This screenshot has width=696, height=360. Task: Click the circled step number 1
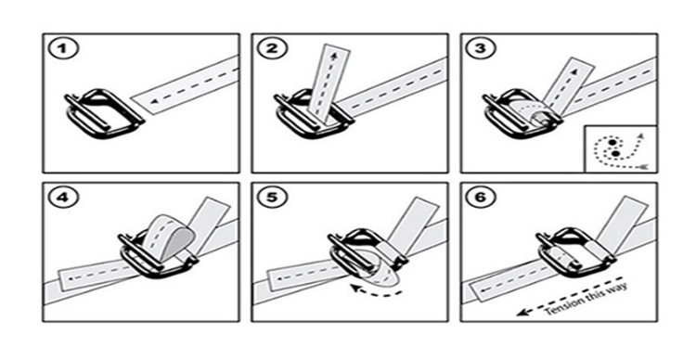tap(63, 49)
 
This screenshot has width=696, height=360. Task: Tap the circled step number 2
tap(272, 49)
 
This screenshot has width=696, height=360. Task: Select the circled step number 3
tap(481, 49)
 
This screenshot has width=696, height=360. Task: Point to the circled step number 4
tap(63, 198)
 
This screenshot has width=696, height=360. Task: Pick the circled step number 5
tap(272, 198)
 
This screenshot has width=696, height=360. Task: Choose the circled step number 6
tap(481, 198)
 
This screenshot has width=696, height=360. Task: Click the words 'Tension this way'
tap(586, 300)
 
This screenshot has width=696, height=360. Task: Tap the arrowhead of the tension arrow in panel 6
tap(522, 313)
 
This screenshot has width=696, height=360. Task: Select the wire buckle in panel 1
tap(105, 113)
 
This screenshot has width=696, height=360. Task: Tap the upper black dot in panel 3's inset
tap(612, 142)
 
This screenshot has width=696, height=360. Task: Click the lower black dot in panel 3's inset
tap(615, 154)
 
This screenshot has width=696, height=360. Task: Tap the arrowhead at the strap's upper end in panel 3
tap(574, 71)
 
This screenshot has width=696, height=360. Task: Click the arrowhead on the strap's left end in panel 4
tap(71, 278)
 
